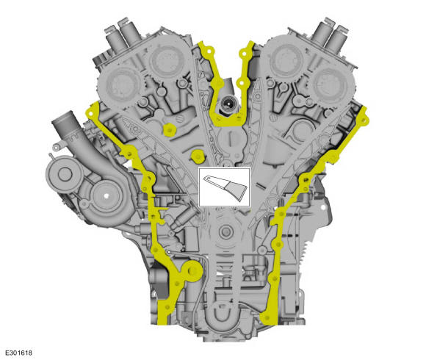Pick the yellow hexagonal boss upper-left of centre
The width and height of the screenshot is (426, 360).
click(x=170, y=130)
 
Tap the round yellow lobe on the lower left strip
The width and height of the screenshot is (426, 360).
click(x=194, y=271)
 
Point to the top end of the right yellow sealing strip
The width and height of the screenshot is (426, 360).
click(x=364, y=111)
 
